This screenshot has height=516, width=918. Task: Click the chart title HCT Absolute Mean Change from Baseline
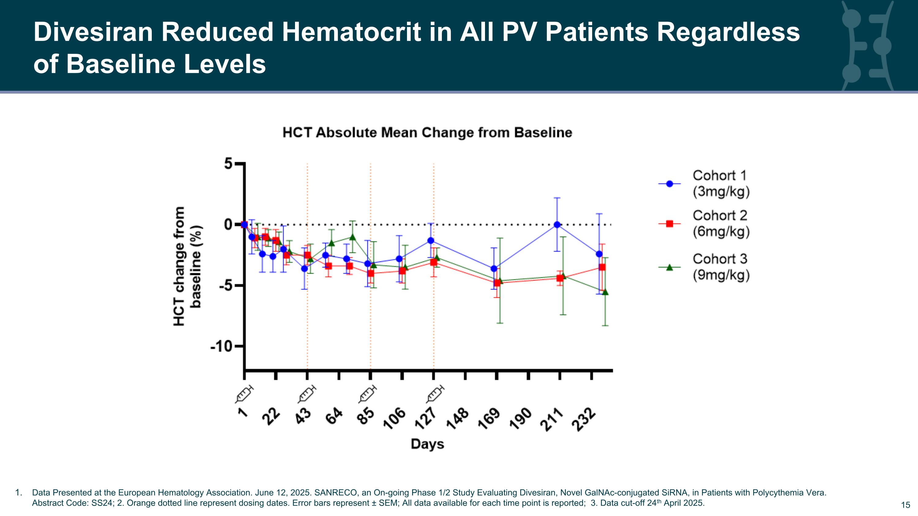(x=427, y=133)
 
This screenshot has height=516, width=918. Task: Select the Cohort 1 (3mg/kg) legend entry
(x=704, y=184)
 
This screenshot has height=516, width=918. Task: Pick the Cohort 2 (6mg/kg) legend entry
(x=704, y=224)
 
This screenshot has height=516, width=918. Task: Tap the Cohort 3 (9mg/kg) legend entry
(x=704, y=267)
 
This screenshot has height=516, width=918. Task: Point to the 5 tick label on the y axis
(x=228, y=164)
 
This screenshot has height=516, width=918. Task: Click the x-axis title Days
(x=427, y=444)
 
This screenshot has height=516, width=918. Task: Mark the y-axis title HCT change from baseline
(x=188, y=266)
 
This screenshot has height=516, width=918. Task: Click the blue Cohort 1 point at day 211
(x=557, y=225)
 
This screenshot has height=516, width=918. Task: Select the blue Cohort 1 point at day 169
(x=494, y=269)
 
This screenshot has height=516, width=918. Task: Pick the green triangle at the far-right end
(x=605, y=292)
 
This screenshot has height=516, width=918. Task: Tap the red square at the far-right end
(x=602, y=267)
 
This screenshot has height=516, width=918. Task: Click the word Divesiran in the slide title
(x=93, y=32)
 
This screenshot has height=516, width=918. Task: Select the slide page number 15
(x=905, y=505)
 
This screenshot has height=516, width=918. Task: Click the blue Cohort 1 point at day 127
(x=431, y=241)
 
